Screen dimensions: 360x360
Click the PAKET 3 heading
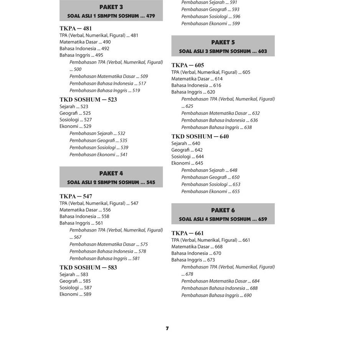coord(111,7)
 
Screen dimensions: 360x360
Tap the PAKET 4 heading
coord(111,173)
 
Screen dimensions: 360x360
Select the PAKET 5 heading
coord(223,42)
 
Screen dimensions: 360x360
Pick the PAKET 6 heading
coord(223,210)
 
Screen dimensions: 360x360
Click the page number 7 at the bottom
coord(167,329)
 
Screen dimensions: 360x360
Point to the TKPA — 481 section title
coord(76,28)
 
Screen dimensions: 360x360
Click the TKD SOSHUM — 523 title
coord(88,100)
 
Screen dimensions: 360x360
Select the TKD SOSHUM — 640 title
coord(200,137)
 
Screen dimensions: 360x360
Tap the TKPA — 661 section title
coord(187,233)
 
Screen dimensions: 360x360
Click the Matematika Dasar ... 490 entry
coord(85,42)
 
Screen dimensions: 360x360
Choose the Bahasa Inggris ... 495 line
coord(81,55)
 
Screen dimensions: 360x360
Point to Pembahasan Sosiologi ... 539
coord(99,148)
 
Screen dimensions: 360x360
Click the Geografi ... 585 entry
coord(75,281)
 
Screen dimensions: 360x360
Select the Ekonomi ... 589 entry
coord(75,294)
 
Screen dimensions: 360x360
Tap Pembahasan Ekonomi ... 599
coord(210,24)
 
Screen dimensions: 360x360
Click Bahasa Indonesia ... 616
coord(196,86)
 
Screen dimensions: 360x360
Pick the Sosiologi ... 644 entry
coord(187,157)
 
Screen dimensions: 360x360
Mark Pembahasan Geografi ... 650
coord(210,177)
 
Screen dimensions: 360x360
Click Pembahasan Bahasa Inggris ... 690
coord(216,296)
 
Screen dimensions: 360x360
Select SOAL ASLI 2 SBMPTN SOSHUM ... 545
coord(111,183)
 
